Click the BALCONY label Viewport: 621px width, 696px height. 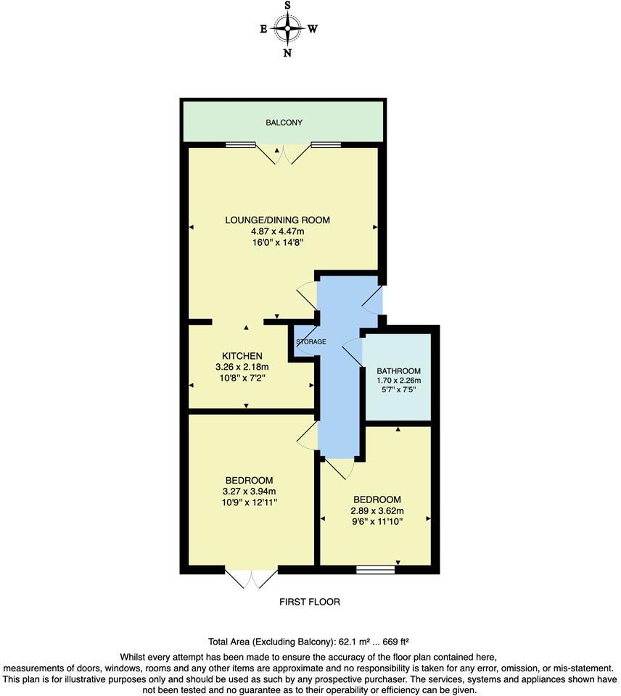(284, 123)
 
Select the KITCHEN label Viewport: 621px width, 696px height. (242, 355)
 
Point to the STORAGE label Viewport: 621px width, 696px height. (310, 341)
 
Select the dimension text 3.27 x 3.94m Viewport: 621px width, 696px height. (249, 492)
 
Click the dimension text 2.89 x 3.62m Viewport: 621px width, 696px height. (377, 510)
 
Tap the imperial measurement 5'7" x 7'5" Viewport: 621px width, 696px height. (398, 390)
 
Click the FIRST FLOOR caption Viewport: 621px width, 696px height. (310, 602)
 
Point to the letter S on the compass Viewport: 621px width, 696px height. (288, 6)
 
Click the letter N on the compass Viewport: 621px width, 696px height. (288, 53)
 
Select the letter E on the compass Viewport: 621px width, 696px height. (263, 30)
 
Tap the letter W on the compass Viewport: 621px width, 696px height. (313, 30)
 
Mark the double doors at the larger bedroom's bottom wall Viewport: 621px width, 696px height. (252, 577)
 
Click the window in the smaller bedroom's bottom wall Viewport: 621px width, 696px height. (375, 570)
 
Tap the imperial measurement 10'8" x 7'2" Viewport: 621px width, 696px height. (242, 377)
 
